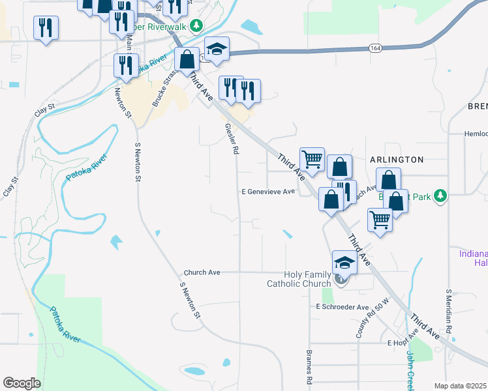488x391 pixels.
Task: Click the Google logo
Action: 22,383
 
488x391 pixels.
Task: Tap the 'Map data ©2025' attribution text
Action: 461,386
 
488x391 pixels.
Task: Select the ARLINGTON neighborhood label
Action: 397,159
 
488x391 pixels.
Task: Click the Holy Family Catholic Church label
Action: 299,279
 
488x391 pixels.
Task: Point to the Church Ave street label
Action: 202,272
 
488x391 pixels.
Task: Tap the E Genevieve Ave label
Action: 268,192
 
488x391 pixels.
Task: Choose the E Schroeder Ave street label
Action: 343,306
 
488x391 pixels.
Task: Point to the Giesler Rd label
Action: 230,139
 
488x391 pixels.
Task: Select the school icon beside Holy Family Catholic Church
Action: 344,263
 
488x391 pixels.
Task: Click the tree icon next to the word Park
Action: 441,195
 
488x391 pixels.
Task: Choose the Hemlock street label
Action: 475,134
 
